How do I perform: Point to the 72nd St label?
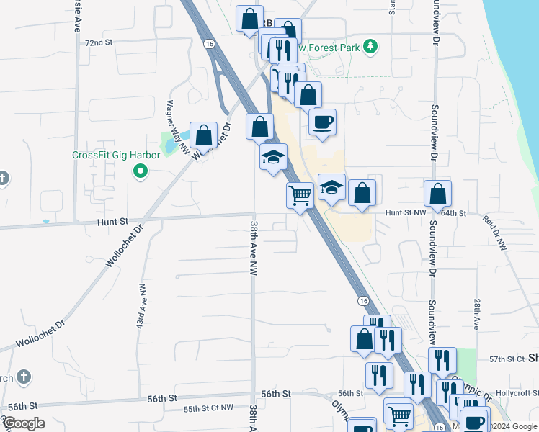(99, 42)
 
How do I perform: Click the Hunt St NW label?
(405, 212)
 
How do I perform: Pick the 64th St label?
(455, 213)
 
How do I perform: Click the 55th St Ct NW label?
(208, 408)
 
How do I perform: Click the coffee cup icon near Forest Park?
(322, 121)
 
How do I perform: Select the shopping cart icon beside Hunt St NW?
(300, 194)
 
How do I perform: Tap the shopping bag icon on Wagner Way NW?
(204, 135)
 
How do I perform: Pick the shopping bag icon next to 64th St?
(437, 193)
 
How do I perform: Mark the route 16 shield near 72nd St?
(209, 44)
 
